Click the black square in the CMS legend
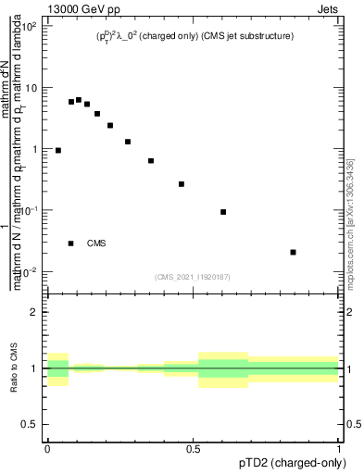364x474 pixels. (x=71, y=243)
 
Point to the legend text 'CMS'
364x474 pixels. (x=96, y=243)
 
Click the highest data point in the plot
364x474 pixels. (x=79, y=99)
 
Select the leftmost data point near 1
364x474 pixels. (x=58, y=150)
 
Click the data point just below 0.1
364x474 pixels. (x=223, y=212)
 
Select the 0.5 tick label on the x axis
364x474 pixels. (x=194, y=447)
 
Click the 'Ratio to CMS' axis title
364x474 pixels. (x=14, y=368)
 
